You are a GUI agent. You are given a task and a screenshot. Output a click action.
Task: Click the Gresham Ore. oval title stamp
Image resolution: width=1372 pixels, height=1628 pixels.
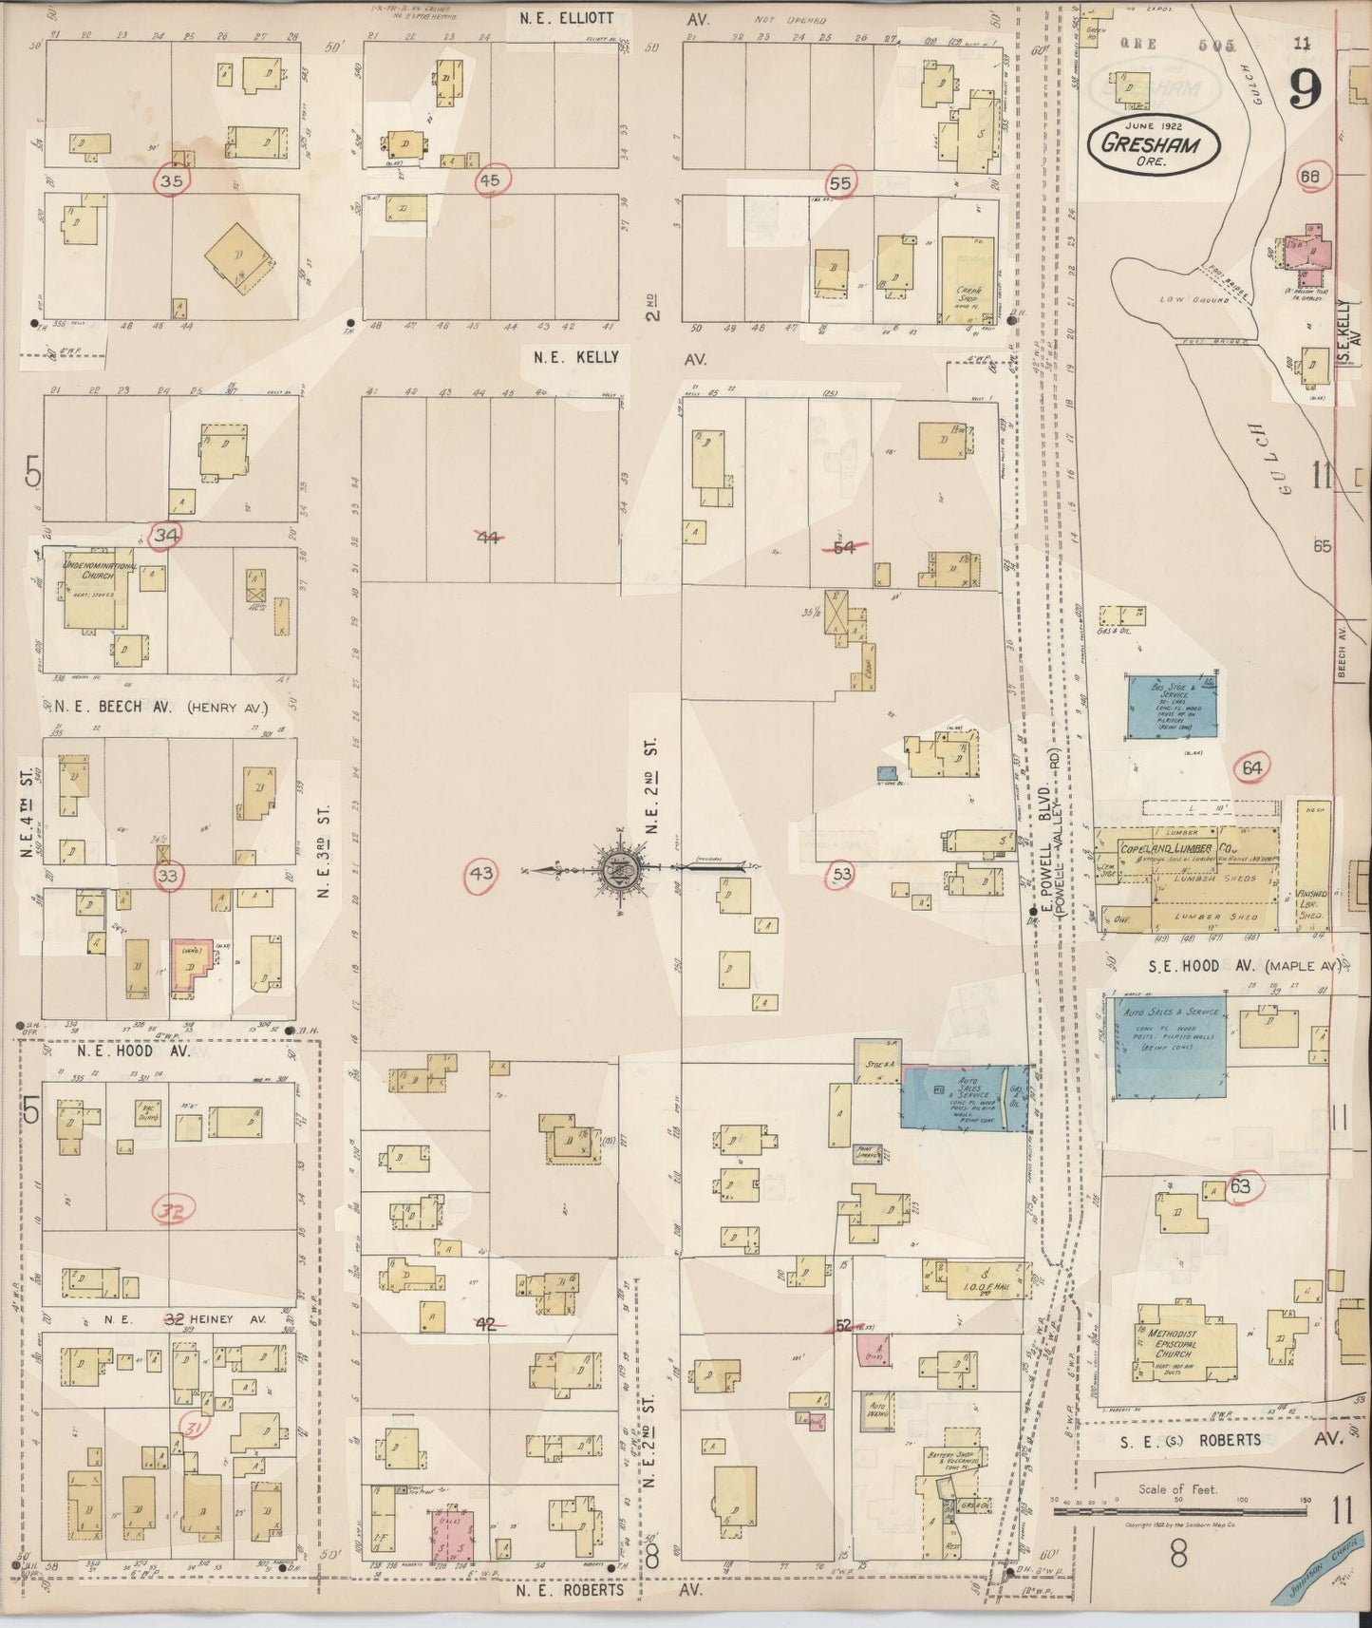pos(1149,144)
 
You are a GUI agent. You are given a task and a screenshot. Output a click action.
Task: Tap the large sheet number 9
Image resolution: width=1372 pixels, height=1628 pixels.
pos(1306,90)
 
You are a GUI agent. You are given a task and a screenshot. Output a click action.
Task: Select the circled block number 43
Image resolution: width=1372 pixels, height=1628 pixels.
pos(482,872)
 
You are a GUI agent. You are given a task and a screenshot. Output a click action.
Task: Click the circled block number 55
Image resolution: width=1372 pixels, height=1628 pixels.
pos(840,181)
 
